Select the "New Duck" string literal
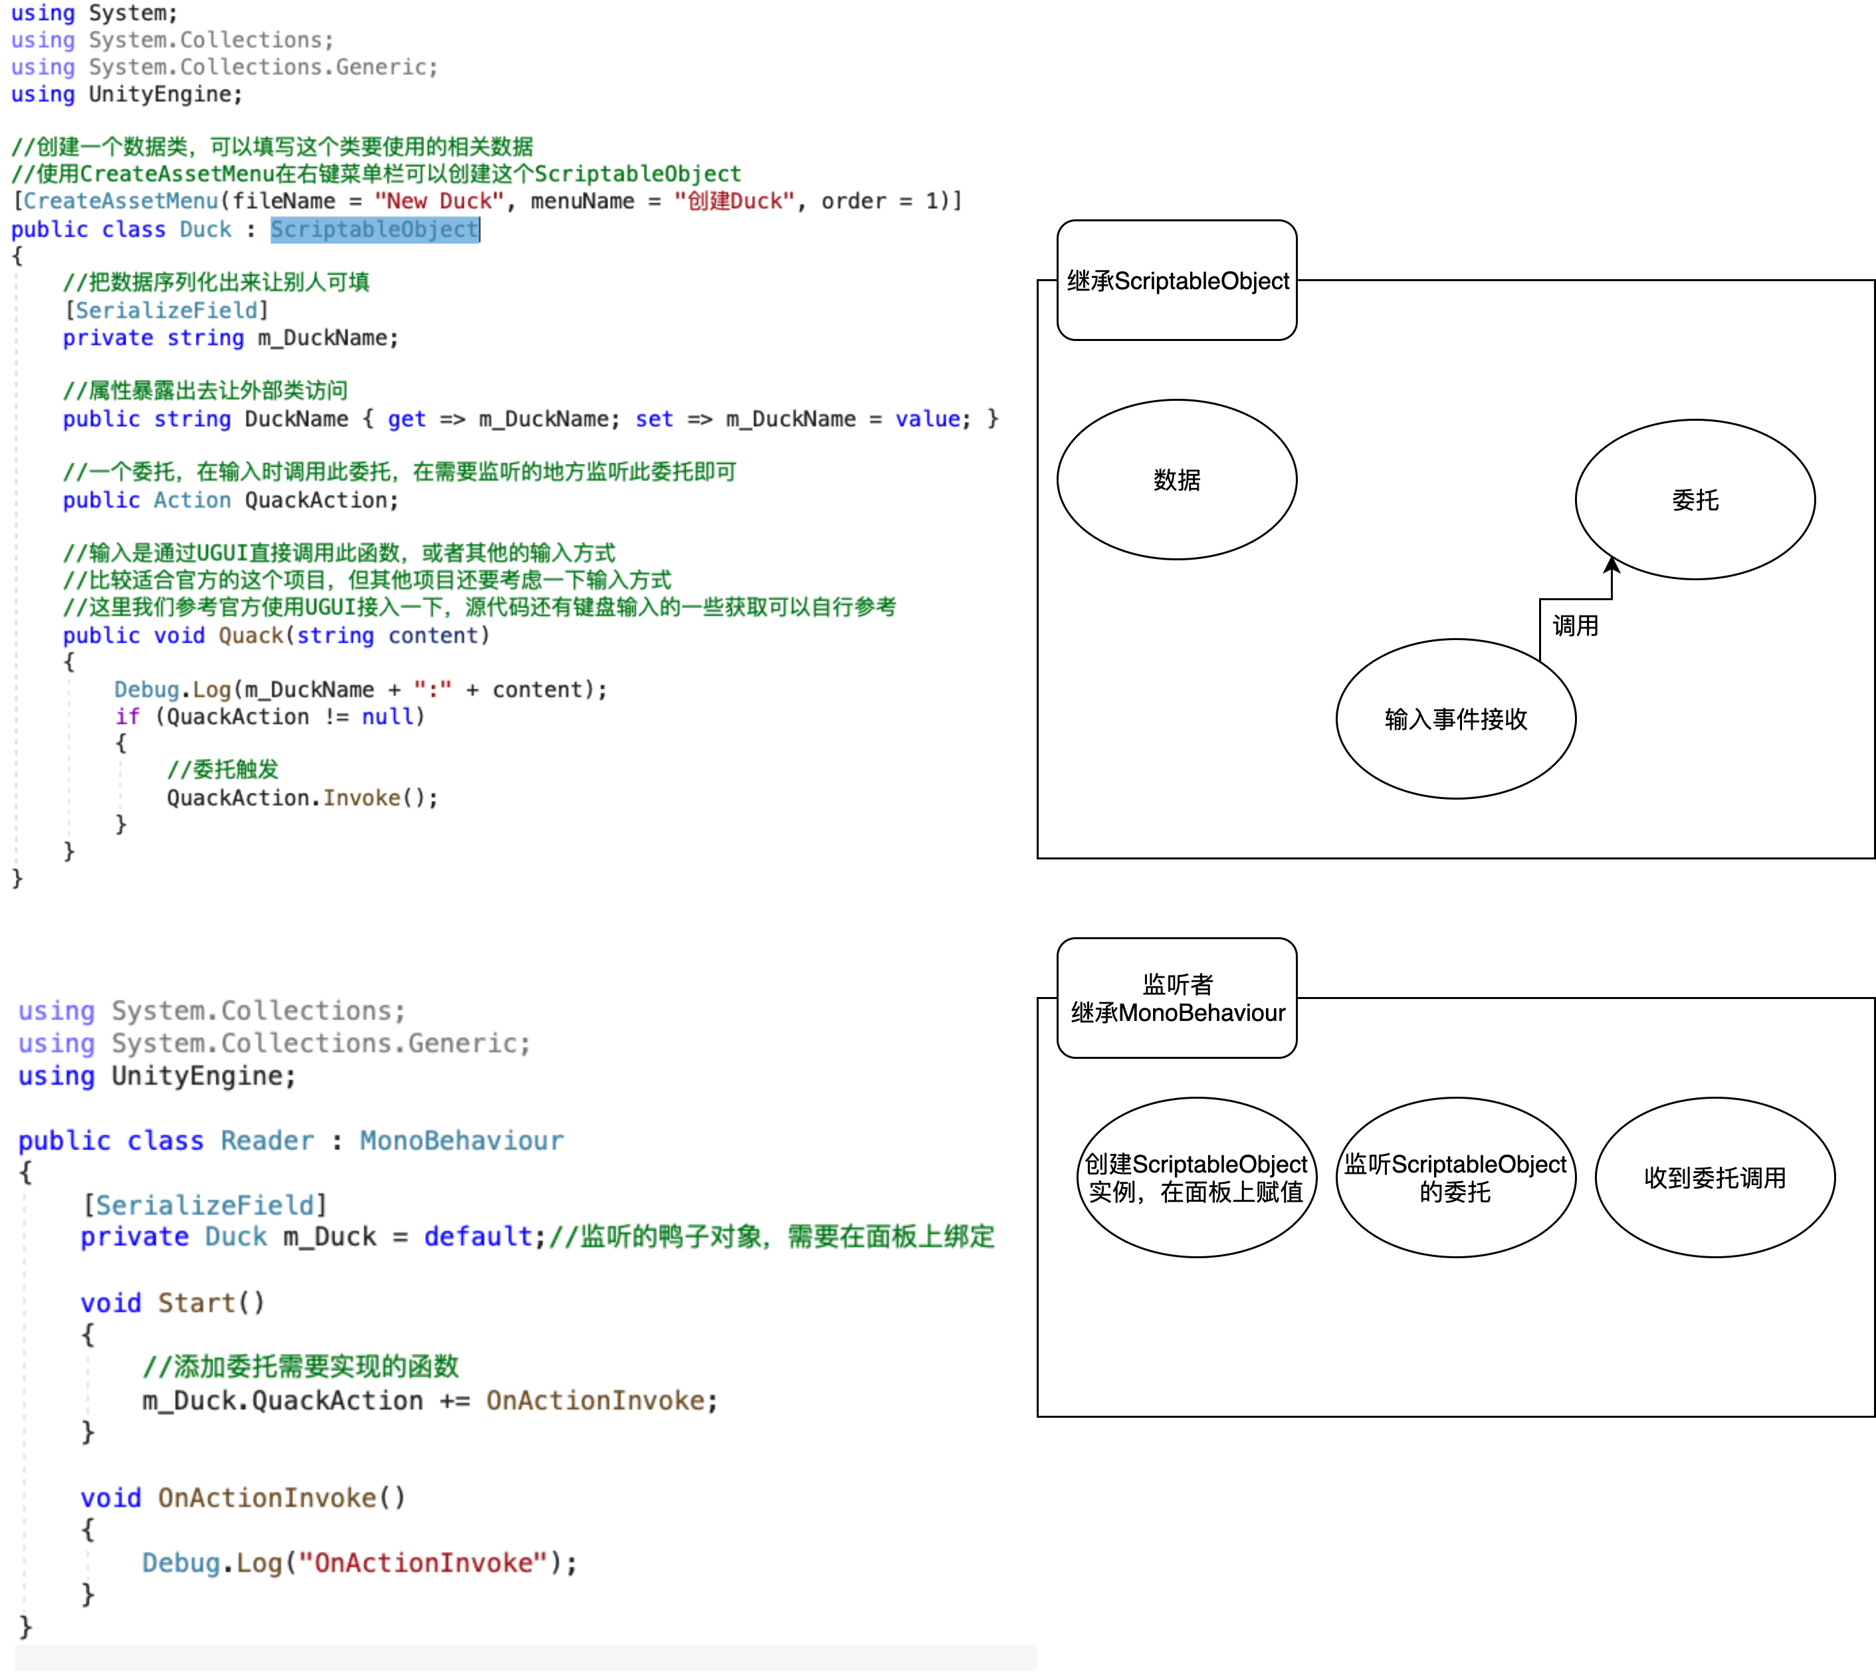coord(439,201)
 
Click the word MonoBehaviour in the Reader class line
coord(461,1141)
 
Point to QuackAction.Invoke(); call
coord(302,798)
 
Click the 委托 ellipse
coord(1695,500)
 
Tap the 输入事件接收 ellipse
coord(1456,719)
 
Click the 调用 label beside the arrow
coord(1576,626)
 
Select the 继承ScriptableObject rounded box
coord(1178,280)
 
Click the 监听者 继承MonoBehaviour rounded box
coord(1178,998)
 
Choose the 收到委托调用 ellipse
coord(1715,1178)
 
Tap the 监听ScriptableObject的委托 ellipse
coord(1456,1178)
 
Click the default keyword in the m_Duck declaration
coord(478,1237)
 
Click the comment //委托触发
coord(223,770)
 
